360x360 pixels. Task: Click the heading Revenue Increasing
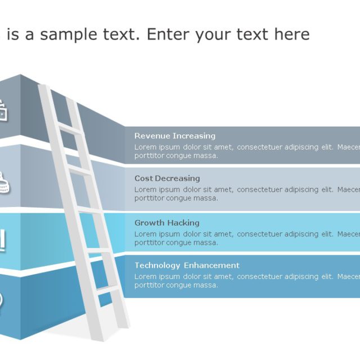(175, 136)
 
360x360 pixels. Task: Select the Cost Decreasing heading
(167, 178)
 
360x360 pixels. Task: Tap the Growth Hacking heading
(166, 223)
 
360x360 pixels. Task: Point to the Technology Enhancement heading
(187, 265)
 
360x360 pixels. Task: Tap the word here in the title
(291, 34)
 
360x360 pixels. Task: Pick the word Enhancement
(213, 265)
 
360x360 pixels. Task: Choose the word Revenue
(152, 136)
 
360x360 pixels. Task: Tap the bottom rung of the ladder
(108, 290)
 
